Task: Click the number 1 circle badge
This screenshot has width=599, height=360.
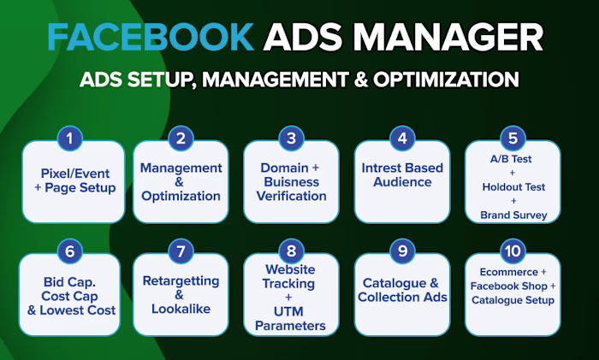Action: click(x=69, y=138)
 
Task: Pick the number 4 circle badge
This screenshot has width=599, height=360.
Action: click(x=401, y=138)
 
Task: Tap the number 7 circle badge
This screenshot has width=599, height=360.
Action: click(x=181, y=252)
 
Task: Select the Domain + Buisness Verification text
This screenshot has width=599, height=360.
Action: click(x=291, y=181)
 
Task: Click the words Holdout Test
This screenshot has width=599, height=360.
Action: click(x=513, y=186)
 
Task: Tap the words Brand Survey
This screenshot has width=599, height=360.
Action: click(x=513, y=214)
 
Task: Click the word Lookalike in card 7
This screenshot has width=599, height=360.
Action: click(x=181, y=310)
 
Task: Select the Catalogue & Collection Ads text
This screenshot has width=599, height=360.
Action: click(x=402, y=290)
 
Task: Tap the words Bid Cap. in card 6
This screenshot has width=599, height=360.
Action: click(x=69, y=281)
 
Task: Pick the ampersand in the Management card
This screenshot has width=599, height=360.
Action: click(x=181, y=181)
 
